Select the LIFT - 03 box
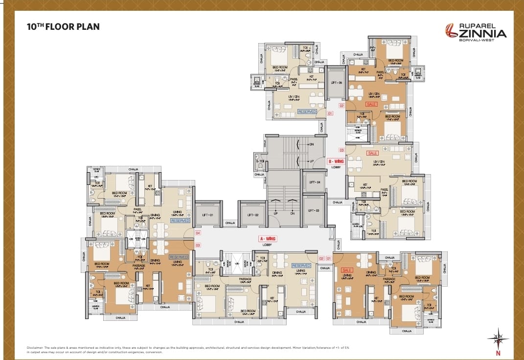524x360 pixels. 314,210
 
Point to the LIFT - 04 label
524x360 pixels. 314,182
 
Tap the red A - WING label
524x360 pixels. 267,239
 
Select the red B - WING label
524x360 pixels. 336,161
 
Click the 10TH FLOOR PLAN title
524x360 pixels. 64,26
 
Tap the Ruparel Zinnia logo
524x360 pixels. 475,32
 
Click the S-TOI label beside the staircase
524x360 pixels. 260,161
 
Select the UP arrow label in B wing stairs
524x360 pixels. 310,161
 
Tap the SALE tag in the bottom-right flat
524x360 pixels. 347,270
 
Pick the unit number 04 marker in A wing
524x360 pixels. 198,233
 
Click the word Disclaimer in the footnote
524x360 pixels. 35,347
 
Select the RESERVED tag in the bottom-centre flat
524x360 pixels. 301,266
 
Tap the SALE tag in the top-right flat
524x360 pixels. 372,104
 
